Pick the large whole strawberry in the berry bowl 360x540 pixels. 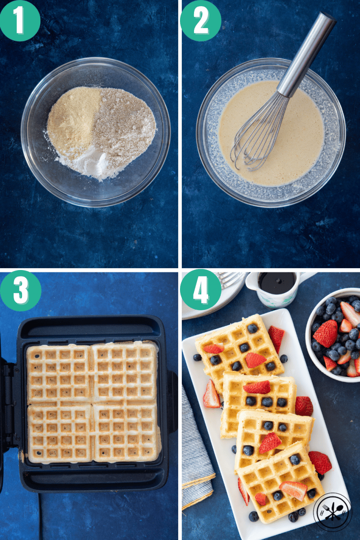(326, 334)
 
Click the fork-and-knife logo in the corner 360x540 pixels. (332, 511)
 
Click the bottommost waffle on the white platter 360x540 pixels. (281, 483)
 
